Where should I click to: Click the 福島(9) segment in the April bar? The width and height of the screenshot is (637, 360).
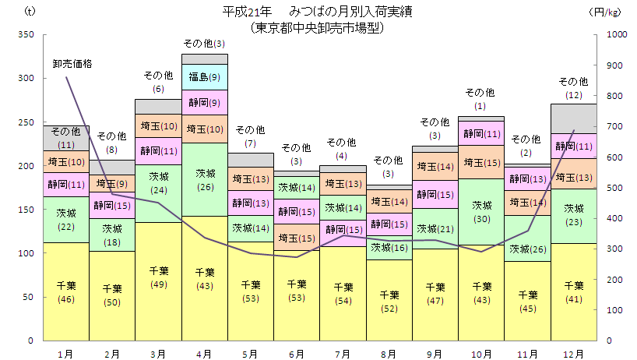204,77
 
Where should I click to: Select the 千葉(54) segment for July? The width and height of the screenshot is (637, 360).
343,293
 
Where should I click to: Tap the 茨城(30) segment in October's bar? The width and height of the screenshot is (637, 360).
482,212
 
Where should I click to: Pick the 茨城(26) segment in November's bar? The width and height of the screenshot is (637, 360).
528,249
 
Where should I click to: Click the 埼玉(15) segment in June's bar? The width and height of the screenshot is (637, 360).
297,238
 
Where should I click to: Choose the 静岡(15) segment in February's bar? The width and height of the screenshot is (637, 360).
112,206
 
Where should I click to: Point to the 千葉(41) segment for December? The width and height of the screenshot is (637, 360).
574,292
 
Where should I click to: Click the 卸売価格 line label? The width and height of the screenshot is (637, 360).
72,64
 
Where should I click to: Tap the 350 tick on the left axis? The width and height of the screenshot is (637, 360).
26,34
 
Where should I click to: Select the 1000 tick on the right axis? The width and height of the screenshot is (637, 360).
616,34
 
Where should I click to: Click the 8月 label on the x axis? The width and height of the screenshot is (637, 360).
389,354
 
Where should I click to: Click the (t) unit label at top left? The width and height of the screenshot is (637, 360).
30,12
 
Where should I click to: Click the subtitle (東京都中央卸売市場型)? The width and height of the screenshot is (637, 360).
318,27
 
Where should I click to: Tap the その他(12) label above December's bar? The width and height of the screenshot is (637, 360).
574,87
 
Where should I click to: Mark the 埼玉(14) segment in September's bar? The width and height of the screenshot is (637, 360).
435,167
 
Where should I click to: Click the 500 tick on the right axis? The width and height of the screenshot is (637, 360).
614,188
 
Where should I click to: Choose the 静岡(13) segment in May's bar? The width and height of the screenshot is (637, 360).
251,203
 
